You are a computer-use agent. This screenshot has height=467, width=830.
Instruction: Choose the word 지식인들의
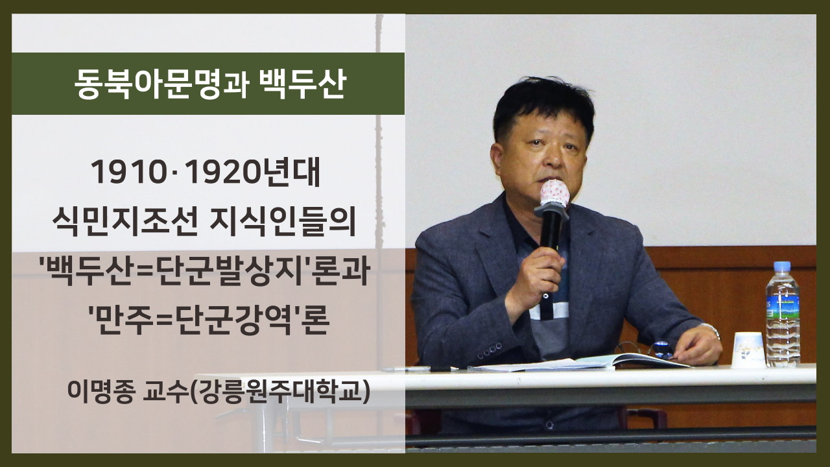tap(282, 222)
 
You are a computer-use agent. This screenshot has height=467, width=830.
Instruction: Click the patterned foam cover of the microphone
tap(554, 193)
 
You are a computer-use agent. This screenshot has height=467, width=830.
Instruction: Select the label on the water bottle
tap(783, 305)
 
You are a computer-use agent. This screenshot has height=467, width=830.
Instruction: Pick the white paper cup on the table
tap(748, 350)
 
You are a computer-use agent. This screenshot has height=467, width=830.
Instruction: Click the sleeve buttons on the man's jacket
tap(489, 351)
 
